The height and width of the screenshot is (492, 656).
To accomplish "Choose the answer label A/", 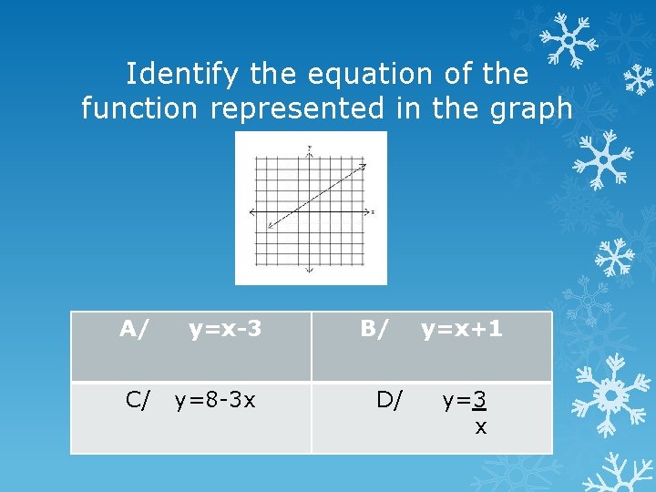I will (134, 328).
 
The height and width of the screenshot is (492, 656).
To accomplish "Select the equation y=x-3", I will (225, 328).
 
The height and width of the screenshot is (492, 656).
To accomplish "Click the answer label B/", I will (374, 328).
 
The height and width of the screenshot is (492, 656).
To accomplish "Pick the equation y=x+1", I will (461, 328).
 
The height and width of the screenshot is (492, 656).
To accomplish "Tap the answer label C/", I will (138, 399).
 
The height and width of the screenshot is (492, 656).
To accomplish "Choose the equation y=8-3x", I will (215, 399).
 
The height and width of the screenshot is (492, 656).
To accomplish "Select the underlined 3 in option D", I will (478, 400).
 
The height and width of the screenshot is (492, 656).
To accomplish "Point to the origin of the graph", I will (310, 212).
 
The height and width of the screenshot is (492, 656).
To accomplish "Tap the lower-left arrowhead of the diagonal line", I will (270, 226).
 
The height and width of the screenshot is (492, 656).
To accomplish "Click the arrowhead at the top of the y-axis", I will (310, 151).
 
